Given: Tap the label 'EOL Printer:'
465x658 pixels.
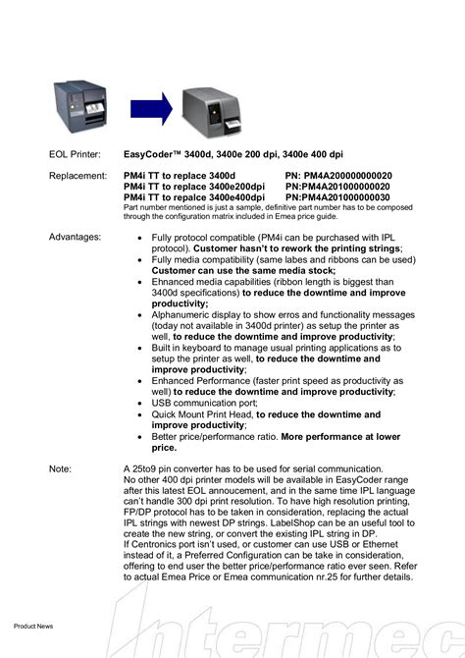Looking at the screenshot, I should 75,155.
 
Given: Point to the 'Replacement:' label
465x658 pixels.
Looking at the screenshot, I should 77,176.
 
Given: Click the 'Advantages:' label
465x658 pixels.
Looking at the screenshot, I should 75,238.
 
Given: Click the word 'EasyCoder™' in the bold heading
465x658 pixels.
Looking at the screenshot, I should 155,155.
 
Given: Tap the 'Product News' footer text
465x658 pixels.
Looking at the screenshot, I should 32,626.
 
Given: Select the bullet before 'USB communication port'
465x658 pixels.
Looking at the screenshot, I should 142,403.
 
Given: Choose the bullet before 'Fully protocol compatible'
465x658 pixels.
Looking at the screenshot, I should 142,238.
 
